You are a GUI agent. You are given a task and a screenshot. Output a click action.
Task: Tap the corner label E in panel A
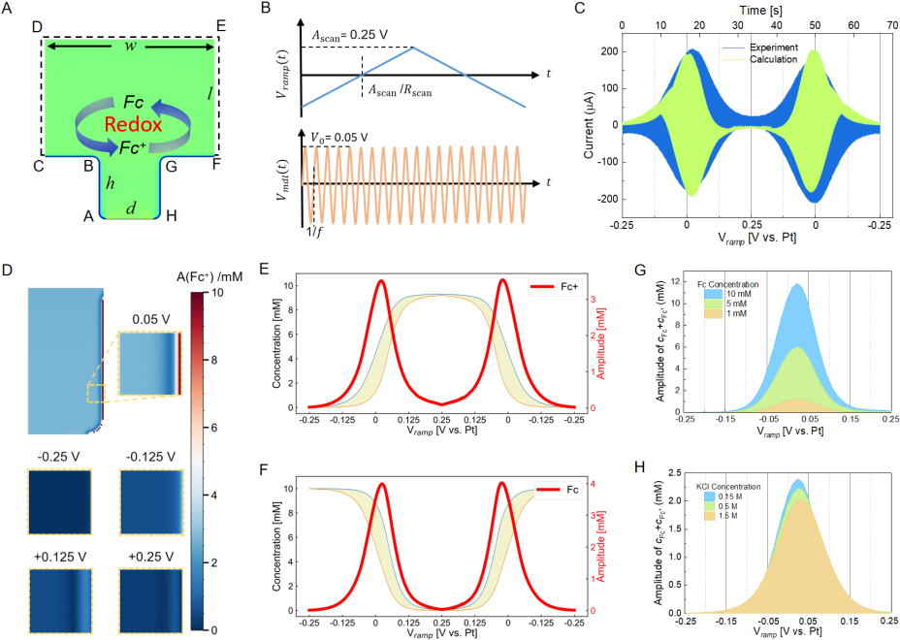tap(220, 26)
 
